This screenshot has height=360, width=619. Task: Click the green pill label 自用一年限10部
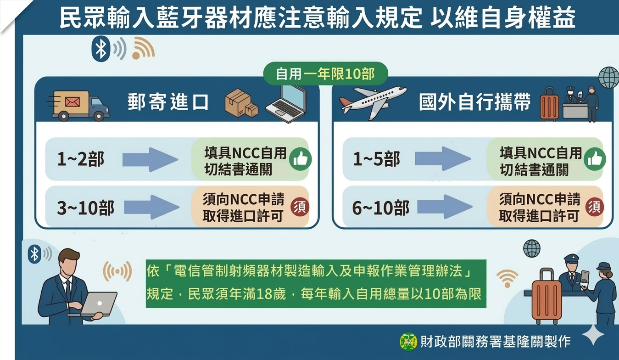pos(325,74)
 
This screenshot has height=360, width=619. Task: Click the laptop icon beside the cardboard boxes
pos(285,104)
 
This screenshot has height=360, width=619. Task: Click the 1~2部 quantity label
pos(81,159)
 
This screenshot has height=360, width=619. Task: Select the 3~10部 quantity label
pos(85,208)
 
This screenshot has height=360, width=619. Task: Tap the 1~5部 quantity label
pos(376,159)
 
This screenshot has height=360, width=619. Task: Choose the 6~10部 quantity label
pos(380,208)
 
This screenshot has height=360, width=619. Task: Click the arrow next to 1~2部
pos(150,159)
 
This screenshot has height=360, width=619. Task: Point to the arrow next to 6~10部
pos(444,207)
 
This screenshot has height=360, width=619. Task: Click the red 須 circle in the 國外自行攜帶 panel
pos(595,207)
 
